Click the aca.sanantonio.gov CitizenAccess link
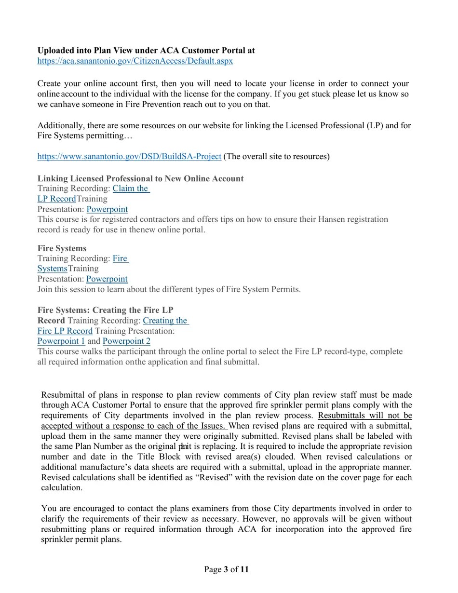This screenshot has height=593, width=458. coord(135,61)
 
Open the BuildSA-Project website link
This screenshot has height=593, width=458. coord(129,157)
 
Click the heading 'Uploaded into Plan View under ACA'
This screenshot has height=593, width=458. coord(146,51)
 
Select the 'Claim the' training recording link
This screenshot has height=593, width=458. coord(131,189)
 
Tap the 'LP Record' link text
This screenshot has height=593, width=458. coord(56,199)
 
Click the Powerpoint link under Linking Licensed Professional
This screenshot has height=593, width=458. coord(107,210)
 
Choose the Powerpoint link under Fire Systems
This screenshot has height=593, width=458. coord(107,279)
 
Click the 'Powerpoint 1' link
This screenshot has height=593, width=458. coord(61,341)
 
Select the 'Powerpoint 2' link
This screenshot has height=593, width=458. coord(126,341)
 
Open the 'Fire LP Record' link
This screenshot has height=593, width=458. coord(65,331)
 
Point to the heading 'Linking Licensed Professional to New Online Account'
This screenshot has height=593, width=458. coord(140,179)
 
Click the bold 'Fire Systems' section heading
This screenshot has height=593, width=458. coord(62,248)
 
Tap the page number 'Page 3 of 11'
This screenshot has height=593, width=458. coord(227,569)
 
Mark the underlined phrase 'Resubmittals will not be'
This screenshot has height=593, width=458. coord(364,416)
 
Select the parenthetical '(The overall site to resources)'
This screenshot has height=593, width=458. coord(277,157)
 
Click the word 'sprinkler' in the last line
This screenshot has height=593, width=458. coord(57,540)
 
